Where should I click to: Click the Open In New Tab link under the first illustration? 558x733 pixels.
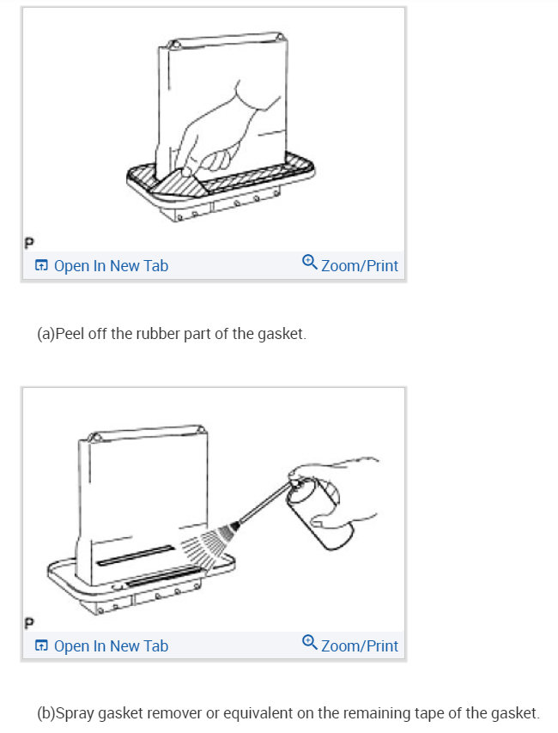click(111, 266)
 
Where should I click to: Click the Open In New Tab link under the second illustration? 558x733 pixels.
click(111, 646)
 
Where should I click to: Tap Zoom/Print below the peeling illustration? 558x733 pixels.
click(359, 266)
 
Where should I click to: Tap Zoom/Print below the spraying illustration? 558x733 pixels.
click(359, 646)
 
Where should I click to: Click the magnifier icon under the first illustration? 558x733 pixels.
click(310, 264)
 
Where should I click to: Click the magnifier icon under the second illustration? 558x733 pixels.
click(310, 645)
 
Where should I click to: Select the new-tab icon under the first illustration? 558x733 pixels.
click(41, 266)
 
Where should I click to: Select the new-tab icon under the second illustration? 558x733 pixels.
click(41, 646)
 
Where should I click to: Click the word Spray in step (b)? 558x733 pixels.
click(73, 713)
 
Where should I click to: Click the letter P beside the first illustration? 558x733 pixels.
click(29, 240)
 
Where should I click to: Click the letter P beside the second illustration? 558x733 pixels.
click(29, 621)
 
